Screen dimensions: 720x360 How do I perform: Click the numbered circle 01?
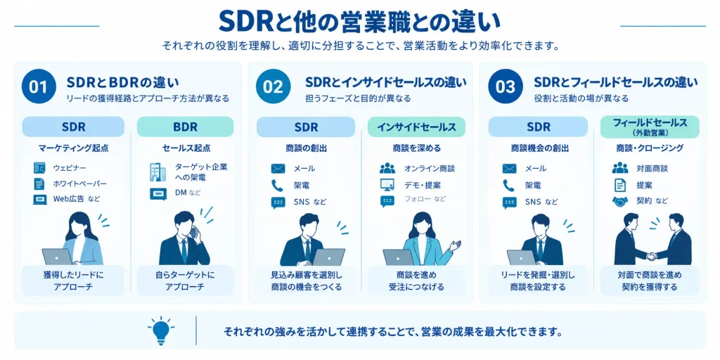[39, 86]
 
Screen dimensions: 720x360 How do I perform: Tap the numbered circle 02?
[274, 86]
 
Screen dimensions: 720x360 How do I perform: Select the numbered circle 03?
[505, 86]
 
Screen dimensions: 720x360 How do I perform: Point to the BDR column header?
[185, 127]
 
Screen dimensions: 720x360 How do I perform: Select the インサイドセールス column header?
[416, 127]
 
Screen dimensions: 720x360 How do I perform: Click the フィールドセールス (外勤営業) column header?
[650, 127]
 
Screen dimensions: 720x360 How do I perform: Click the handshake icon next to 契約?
[620, 201]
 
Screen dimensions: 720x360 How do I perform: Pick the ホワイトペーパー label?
[80, 184]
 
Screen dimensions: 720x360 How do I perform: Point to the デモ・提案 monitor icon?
[387, 185]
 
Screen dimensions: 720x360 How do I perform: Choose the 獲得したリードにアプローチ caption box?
[73, 281]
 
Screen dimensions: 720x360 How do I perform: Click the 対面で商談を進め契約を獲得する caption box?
[650, 281]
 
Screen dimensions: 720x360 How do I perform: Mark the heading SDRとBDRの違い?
[122, 83]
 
